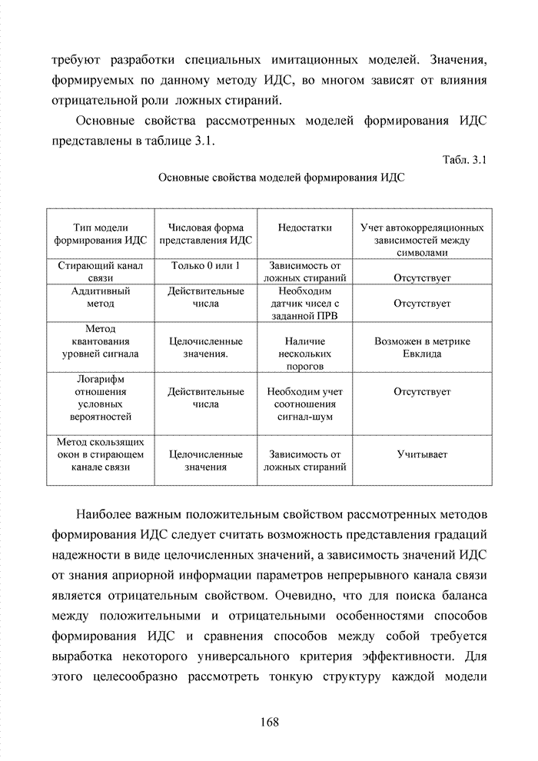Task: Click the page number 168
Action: coord(268,722)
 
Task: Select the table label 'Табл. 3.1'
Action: coord(464,161)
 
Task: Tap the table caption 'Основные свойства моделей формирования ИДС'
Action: coord(281,178)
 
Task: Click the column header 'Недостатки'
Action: coord(305,228)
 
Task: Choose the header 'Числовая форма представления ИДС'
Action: coord(206,233)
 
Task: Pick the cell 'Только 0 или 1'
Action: coord(206,265)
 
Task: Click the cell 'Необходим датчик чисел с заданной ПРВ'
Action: coord(305,304)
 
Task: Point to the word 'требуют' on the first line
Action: coord(75,60)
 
